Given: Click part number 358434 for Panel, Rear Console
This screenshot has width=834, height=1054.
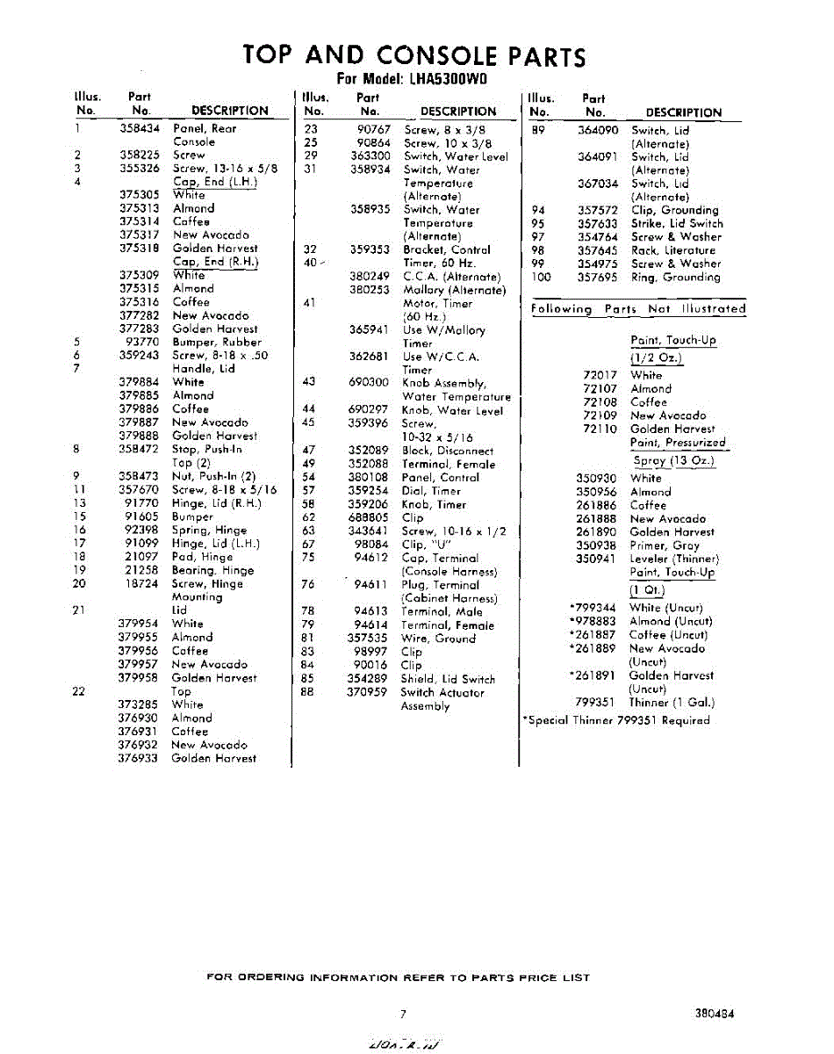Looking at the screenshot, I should (140, 128).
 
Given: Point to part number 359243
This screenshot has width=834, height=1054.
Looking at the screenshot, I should (140, 356).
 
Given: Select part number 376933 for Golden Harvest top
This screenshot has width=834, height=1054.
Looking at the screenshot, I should (138, 758).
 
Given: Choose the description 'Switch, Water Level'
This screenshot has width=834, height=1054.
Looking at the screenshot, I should (455, 156).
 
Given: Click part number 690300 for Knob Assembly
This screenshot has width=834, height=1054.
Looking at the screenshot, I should (369, 383).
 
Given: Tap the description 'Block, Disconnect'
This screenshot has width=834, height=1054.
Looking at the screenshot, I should (447, 451).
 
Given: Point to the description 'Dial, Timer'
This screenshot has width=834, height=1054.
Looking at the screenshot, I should (431, 491).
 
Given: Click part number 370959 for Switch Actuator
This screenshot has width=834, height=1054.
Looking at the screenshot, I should (367, 692).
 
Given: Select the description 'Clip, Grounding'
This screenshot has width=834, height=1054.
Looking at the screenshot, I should (674, 210).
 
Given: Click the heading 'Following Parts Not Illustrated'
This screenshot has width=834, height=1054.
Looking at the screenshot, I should (638, 309).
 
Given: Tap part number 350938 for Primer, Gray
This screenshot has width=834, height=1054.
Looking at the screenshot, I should (596, 545).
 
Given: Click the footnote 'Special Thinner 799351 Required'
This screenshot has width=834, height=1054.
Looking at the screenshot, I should (617, 720).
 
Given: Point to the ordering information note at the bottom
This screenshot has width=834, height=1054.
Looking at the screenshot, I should (398, 978).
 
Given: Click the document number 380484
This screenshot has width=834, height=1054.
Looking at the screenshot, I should (714, 1013).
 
